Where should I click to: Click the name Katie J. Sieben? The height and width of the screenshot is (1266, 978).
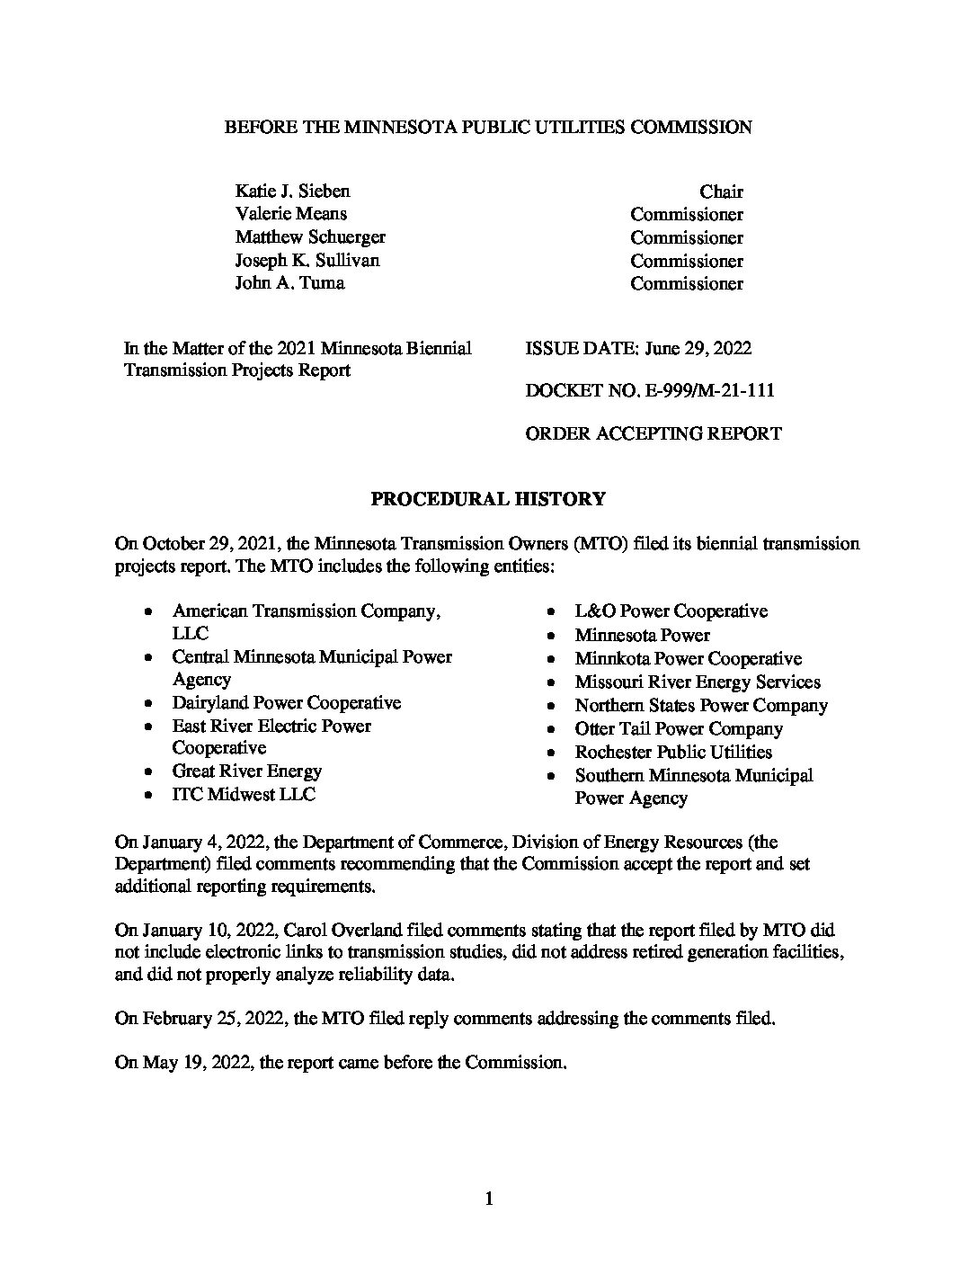pyautogui.click(x=292, y=191)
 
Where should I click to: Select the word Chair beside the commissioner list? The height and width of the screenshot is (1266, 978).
pyautogui.click(x=721, y=192)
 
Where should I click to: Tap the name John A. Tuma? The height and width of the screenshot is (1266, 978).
pyautogui.click(x=289, y=283)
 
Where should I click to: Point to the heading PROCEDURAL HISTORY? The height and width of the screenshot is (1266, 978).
pyautogui.click(x=488, y=499)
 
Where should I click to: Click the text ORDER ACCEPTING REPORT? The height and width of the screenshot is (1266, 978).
pyautogui.click(x=653, y=433)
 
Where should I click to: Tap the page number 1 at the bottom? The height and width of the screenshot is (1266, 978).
pyautogui.click(x=489, y=1198)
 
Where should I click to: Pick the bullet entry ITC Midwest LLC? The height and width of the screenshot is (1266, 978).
pyautogui.click(x=244, y=794)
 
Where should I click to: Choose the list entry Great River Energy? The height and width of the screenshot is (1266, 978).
pyautogui.click(x=246, y=771)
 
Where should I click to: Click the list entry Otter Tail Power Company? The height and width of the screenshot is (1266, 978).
pyautogui.click(x=679, y=728)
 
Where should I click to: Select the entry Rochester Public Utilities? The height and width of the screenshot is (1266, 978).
pyautogui.click(x=673, y=752)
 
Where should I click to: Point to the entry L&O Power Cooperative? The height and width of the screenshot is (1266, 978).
pyautogui.click(x=671, y=611)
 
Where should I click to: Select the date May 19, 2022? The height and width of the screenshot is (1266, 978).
pyautogui.click(x=196, y=1062)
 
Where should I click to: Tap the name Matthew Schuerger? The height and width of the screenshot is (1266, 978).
pyautogui.click(x=310, y=237)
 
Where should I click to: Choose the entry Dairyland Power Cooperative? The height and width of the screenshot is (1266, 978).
pyautogui.click(x=286, y=702)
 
